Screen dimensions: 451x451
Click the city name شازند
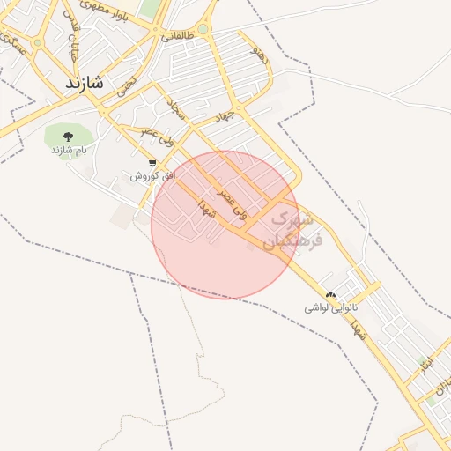[x=84, y=84]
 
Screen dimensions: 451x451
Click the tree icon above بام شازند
[x=68, y=136]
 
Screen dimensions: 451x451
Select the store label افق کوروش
[x=153, y=176]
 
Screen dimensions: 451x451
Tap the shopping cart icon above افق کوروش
[x=153, y=163]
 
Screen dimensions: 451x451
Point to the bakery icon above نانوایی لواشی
[x=330, y=295]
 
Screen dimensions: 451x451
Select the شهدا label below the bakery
[x=358, y=333]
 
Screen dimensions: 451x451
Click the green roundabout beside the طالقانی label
[x=203, y=30]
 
